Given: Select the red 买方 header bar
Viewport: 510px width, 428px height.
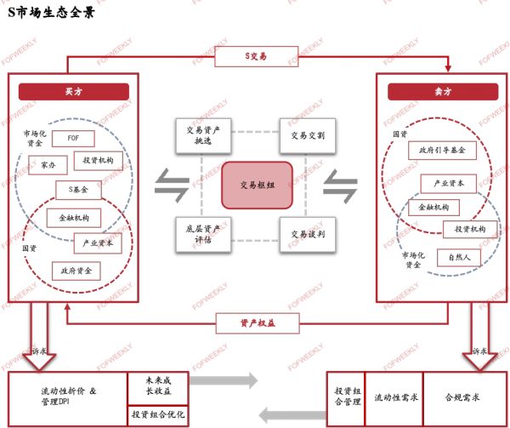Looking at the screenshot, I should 73,92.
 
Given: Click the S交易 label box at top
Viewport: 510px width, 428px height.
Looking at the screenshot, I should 255,56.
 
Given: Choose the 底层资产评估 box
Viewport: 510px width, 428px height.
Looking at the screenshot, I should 203,233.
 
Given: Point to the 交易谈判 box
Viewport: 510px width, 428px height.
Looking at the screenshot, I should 308,233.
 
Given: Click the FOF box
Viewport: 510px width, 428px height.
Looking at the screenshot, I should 73,139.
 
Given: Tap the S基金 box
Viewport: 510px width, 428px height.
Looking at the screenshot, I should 78,190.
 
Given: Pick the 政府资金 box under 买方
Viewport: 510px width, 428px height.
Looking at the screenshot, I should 76,270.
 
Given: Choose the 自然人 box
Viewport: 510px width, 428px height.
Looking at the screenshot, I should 460,256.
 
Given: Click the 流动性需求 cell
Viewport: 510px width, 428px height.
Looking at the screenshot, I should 394,397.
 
